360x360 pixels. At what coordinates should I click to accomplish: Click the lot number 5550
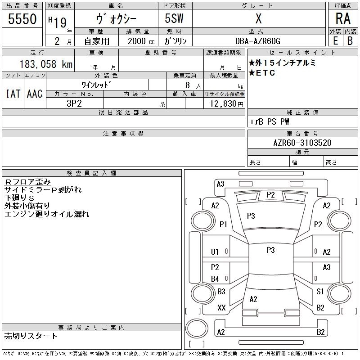pyautogui.click(x=22, y=19)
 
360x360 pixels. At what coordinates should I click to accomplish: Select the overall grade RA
pyautogui.click(x=343, y=18)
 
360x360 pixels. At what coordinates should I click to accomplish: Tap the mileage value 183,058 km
pyautogui.click(x=46, y=64)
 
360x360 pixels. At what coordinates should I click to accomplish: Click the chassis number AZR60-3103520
pyautogui.click(x=302, y=143)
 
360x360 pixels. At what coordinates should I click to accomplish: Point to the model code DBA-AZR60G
pyautogui.click(x=258, y=41)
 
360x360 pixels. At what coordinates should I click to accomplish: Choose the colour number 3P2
pyautogui.click(x=74, y=103)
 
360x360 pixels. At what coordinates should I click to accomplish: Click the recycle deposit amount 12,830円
pyautogui.click(x=227, y=104)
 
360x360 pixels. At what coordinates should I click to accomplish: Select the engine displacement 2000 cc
pyautogui.click(x=141, y=41)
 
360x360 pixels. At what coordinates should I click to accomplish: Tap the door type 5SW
pyautogui.click(x=174, y=18)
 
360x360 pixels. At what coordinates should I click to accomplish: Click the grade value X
pyautogui.click(x=258, y=18)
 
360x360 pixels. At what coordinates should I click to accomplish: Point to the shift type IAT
pyautogui.click(x=13, y=94)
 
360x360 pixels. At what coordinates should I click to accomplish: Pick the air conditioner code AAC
pyautogui.click(x=35, y=94)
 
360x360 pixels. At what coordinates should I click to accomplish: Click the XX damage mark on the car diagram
pyautogui.click(x=221, y=308)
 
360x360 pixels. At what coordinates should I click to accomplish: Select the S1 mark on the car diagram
pyautogui.click(x=320, y=292)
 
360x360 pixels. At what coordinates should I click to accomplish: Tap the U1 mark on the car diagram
pyautogui.click(x=215, y=252)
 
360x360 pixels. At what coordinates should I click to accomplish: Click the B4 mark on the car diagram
pyautogui.click(x=215, y=279)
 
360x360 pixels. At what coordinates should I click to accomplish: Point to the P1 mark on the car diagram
pyautogui.click(x=223, y=224)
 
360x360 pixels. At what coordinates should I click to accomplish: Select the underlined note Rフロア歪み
pyautogui.click(x=27, y=182)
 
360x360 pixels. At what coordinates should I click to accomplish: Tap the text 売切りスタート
pyautogui.click(x=31, y=336)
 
